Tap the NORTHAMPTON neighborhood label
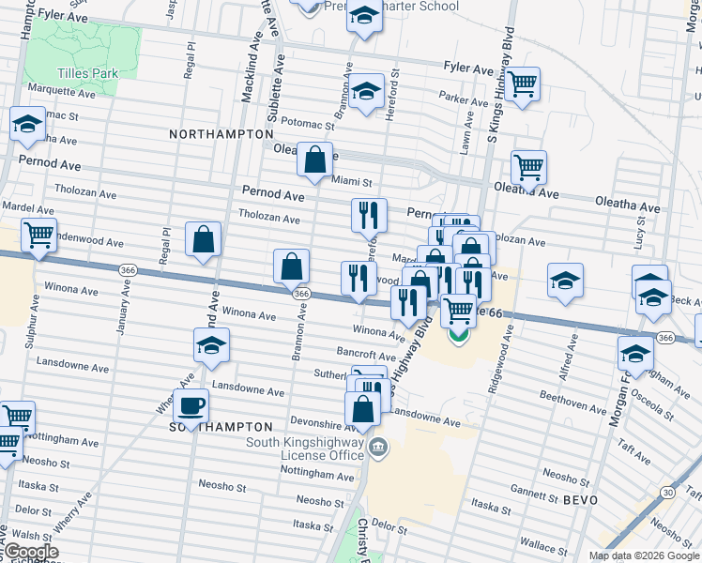coord(221,135)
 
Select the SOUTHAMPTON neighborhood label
coord(220,427)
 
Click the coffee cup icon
coord(191,406)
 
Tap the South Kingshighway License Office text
coord(305,449)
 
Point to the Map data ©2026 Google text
coord(644,555)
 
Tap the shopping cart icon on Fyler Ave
coord(523,84)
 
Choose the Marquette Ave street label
coord(62,94)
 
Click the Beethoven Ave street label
coord(572,406)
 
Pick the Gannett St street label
coord(533,490)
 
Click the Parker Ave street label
coord(465,98)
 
